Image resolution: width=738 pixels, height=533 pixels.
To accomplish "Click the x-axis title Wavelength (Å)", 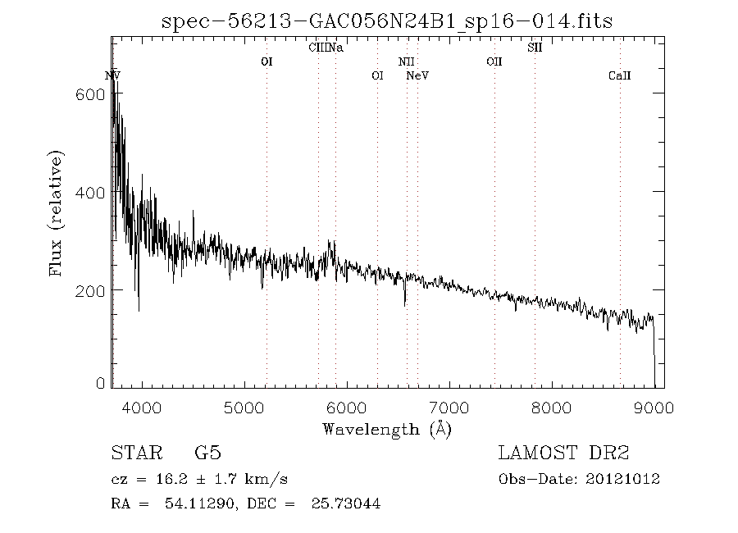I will (x=387, y=428).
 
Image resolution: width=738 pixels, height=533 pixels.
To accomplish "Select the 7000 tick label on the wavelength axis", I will (x=449, y=408).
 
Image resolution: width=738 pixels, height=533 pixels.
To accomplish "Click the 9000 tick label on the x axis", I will (x=654, y=408).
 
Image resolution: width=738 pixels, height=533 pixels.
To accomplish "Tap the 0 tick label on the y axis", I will (x=100, y=382).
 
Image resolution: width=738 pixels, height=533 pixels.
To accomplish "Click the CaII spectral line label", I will (x=619, y=76).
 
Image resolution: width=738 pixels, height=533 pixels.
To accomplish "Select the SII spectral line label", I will (x=535, y=48).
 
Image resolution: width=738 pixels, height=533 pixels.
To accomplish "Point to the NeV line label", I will (x=417, y=76).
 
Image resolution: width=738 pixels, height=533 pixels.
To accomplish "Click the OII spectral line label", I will (x=494, y=61).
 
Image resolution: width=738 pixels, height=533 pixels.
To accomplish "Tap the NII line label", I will (x=407, y=61).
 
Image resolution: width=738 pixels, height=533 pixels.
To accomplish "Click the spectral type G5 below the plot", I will (x=207, y=453).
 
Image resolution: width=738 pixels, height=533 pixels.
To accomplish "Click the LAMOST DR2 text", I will (x=563, y=453).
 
